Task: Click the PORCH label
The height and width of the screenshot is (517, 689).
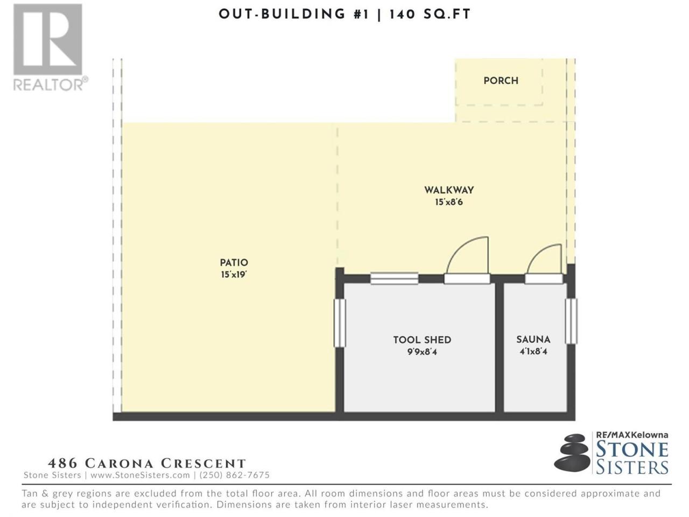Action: [x=501, y=81]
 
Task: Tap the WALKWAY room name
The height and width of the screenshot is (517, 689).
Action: [x=449, y=190]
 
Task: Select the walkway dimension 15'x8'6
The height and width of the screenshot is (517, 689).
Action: [x=449, y=202]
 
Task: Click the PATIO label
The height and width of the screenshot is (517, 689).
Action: [x=234, y=262]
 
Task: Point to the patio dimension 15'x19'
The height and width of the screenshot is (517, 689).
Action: [x=234, y=274]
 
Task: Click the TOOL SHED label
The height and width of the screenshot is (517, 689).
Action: [x=422, y=340]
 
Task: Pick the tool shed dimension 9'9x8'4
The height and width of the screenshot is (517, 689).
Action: [x=422, y=352]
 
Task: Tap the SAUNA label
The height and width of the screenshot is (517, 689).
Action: [x=533, y=339]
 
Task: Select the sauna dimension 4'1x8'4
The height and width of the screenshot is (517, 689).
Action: [x=533, y=351]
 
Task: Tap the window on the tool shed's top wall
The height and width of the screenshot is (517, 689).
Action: [x=394, y=278]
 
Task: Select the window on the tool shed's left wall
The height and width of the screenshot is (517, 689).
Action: [x=339, y=323]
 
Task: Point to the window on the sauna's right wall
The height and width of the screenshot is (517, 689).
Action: [x=571, y=321]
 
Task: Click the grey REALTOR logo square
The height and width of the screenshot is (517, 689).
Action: [x=48, y=39]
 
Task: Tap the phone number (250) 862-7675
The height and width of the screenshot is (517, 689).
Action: [x=235, y=475]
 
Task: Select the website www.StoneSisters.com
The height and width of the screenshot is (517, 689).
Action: [x=140, y=475]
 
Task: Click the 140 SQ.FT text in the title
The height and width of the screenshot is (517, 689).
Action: [x=430, y=15]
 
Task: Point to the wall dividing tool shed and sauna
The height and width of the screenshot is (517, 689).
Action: [x=500, y=347]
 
